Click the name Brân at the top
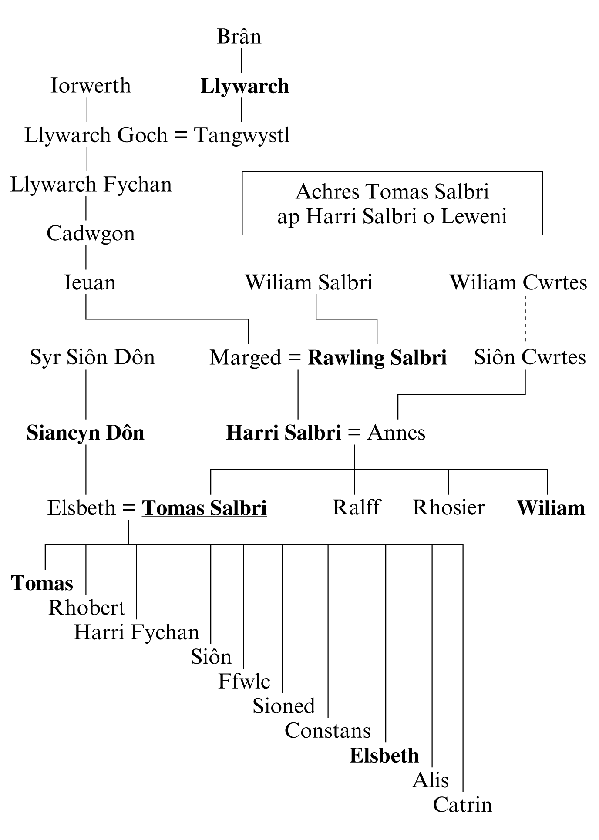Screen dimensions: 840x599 239,37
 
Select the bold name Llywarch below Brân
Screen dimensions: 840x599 245,86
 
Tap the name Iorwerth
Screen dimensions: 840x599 91,86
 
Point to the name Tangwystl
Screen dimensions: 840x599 242,135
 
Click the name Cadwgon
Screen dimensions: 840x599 91,234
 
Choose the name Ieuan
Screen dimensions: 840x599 90,283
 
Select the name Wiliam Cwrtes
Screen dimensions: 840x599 518,283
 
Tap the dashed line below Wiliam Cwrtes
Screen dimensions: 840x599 525,319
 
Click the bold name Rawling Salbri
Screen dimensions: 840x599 377,358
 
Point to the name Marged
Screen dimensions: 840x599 246,358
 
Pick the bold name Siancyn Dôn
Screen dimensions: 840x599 85,433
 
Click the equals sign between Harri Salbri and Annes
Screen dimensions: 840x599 354,433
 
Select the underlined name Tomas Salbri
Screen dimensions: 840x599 205,508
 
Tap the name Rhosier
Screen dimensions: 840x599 448,508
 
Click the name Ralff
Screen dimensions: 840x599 356,508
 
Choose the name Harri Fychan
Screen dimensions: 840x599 136,632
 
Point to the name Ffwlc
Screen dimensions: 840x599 244,682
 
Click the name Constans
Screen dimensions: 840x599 327,731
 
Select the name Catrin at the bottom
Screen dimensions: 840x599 462,805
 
